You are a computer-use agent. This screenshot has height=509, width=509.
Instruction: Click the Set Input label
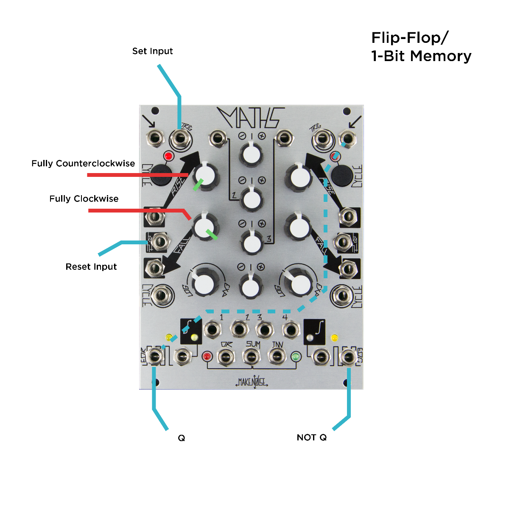pos(152,51)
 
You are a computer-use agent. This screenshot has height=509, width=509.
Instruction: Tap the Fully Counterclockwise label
pos(83,164)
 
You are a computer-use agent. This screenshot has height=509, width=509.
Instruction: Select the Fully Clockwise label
pos(84,199)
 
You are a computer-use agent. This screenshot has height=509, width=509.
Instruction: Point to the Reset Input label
pos(91,267)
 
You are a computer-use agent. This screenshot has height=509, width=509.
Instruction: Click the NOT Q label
pos(312,438)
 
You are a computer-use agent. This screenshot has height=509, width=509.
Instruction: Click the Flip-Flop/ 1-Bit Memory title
pos(421,47)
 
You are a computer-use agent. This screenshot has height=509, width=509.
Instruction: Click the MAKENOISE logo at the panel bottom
pos(252,382)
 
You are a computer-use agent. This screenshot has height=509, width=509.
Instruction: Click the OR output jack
pos(226,357)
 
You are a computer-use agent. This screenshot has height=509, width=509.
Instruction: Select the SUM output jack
pos(251,357)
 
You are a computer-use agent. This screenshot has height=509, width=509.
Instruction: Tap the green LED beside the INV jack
pos(296,357)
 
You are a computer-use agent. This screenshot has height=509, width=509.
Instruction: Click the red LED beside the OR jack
pos(207,356)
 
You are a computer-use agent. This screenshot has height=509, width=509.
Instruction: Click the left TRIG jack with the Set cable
pos(180,138)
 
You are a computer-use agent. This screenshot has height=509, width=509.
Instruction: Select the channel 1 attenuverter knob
pos(252,155)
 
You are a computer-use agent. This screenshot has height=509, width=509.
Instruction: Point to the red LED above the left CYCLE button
pos(168,156)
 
